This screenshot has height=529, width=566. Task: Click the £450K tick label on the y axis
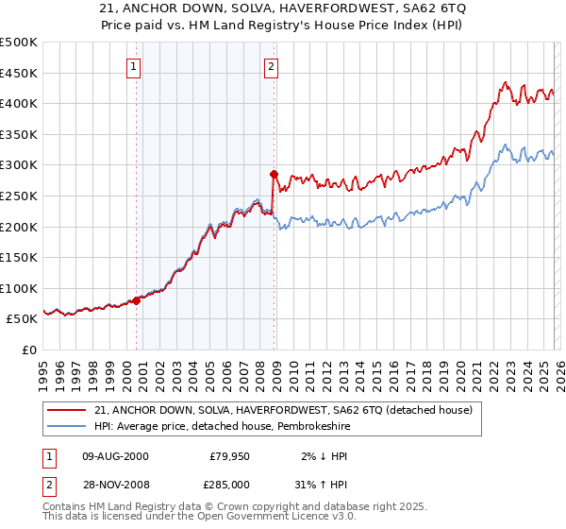(19, 73)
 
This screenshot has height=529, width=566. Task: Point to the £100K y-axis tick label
(19, 288)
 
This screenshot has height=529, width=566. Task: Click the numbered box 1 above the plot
(134, 67)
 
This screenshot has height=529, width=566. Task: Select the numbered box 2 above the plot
(271, 67)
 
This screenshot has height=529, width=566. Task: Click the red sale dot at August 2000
(136, 300)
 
